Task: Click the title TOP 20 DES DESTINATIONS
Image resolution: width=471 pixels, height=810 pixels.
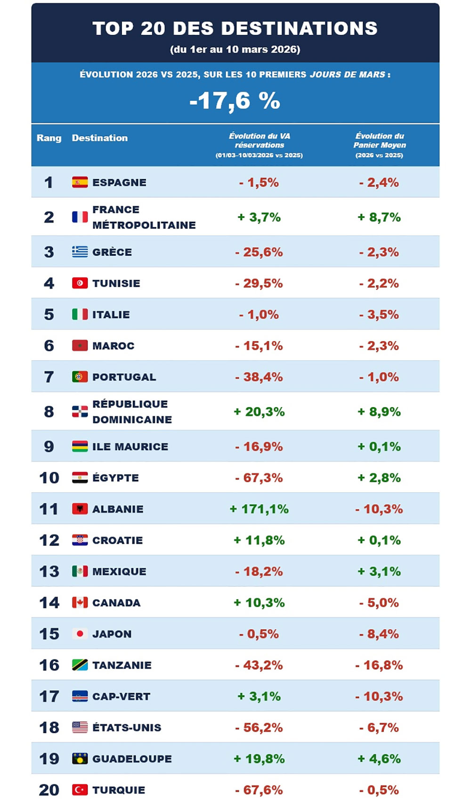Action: click(235, 28)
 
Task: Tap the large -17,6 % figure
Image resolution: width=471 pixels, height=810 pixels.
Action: click(235, 101)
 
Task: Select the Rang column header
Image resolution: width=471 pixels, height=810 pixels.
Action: click(49, 138)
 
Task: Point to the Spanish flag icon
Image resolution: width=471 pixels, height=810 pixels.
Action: click(80, 182)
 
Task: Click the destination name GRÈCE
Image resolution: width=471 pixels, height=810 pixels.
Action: click(112, 252)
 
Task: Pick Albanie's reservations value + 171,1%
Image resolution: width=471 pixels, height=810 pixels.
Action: click(259, 509)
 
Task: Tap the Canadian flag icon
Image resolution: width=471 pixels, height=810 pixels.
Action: click(80, 602)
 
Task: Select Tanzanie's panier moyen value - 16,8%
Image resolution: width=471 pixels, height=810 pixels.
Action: click(379, 665)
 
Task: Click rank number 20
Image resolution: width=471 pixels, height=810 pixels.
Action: click(49, 790)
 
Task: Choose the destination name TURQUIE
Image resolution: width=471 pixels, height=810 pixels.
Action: click(119, 790)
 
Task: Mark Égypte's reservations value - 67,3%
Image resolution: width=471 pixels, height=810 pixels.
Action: click(259, 478)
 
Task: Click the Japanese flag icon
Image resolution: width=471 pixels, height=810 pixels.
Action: click(80, 634)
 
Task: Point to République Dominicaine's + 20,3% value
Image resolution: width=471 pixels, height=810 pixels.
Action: click(259, 412)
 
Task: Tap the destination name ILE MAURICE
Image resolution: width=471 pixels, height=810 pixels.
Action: click(130, 446)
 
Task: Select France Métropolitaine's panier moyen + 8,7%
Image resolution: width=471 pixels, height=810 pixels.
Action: click(379, 217)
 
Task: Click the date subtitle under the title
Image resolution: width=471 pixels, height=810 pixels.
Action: click(235, 49)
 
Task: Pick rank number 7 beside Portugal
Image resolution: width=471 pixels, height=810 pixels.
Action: click(49, 377)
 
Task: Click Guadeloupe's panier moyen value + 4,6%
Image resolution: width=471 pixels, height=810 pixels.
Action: click(379, 759)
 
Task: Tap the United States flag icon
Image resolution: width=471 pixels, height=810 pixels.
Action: click(80, 728)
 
